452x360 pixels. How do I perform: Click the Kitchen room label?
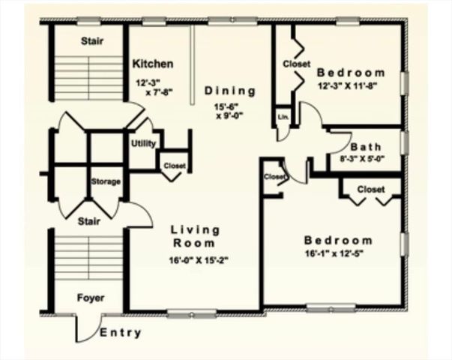click(x=153, y=64)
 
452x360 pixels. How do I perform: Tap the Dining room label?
click(x=230, y=91)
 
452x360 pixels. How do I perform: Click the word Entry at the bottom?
click(x=120, y=333)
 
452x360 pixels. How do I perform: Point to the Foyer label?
click(x=91, y=298)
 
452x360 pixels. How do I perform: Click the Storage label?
click(x=106, y=182)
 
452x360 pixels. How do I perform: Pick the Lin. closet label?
click(x=283, y=118)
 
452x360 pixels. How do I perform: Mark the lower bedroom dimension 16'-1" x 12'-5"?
click(x=337, y=253)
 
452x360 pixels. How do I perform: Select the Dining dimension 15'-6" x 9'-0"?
click(x=230, y=111)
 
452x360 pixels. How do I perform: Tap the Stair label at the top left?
click(x=91, y=41)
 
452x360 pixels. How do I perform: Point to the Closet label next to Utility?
click(x=175, y=166)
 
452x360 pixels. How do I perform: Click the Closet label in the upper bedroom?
click(x=296, y=64)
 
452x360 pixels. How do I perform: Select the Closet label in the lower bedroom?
click(x=370, y=189)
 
